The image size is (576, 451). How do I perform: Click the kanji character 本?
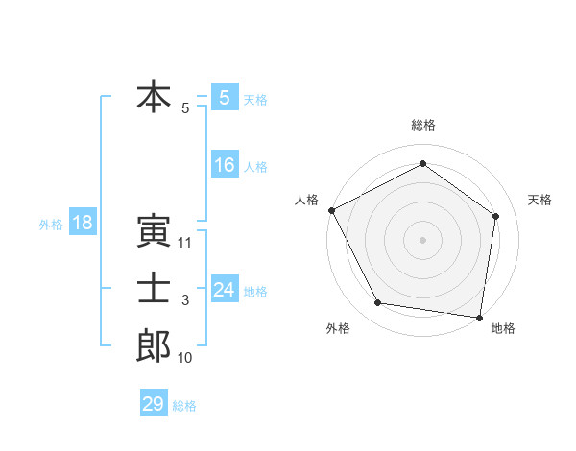tap(154, 97)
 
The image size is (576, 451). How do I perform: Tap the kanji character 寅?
tap(154, 231)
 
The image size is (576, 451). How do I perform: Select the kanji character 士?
tap(154, 289)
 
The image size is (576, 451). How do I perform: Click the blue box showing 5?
tap(224, 98)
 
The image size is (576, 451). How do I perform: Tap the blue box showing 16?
tap(224, 165)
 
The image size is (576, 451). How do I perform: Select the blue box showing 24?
tap(224, 289)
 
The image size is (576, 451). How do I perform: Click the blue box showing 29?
tap(153, 404)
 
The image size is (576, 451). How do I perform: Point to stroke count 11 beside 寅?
tap(186, 243)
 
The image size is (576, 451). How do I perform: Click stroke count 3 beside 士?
tap(185, 300)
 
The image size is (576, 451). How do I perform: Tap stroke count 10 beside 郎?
tap(186, 358)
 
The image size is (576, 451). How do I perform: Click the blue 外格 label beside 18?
tap(51, 225)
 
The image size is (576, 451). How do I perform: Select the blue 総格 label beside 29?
tap(184, 406)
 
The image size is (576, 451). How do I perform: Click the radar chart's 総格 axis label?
tap(422, 125)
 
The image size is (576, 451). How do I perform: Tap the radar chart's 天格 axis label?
tap(540, 200)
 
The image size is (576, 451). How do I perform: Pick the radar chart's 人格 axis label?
tap(306, 200)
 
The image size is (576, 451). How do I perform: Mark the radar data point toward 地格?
tap(479, 317)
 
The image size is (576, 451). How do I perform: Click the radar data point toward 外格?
tap(378, 303)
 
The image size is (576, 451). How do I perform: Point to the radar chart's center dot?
tap(422, 239)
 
